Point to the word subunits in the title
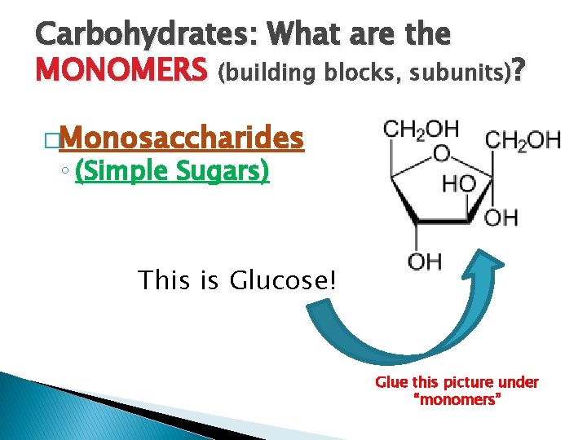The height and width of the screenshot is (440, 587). pos(452,74)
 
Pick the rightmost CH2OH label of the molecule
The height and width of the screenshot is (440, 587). pos(523,140)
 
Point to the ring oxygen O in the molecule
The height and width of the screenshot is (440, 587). pos(441,153)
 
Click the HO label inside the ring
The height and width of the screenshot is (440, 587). pos(459,184)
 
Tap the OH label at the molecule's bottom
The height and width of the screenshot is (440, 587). pos(424,262)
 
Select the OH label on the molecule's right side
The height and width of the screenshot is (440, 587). pos(501,218)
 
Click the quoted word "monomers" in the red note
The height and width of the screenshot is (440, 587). pos(457,400)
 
